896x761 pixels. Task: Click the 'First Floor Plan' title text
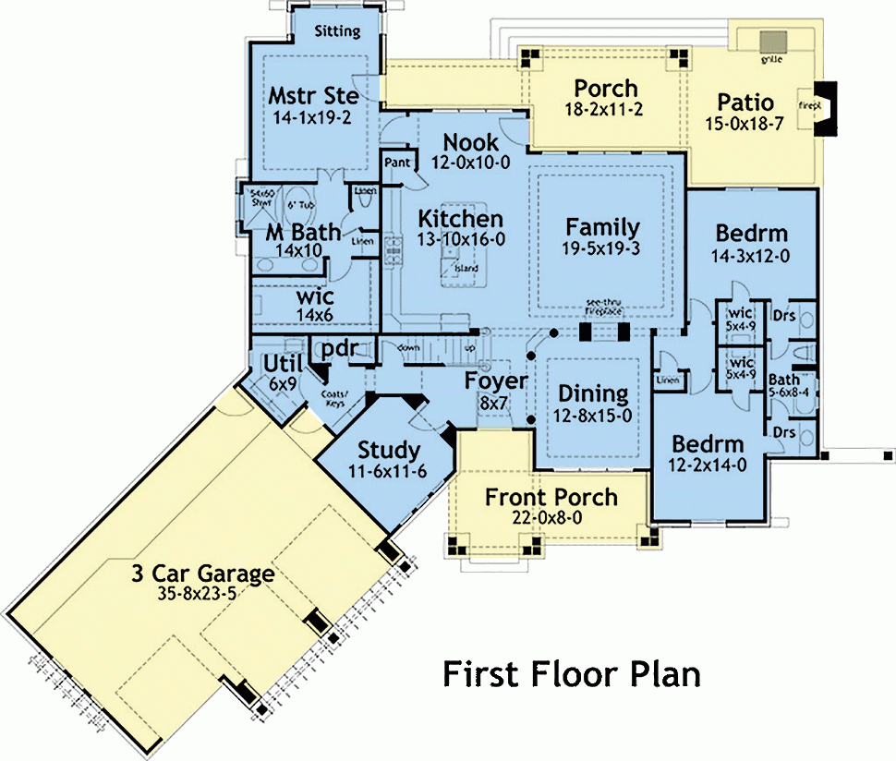[571, 673]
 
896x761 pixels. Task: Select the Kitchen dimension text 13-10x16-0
[461, 239]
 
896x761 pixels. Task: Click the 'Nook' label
[471, 143]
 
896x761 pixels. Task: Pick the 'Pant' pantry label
[396, 162]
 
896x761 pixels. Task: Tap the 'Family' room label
[602, 227]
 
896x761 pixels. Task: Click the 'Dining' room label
[594, 393]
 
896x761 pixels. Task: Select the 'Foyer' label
[496, 381]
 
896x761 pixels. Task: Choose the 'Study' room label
[389, 451]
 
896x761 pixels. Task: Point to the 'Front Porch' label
[551, 498]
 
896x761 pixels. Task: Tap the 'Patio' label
[745, 103]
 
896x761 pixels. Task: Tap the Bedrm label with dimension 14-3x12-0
[751, 231]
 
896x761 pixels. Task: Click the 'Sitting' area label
[337, 31]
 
